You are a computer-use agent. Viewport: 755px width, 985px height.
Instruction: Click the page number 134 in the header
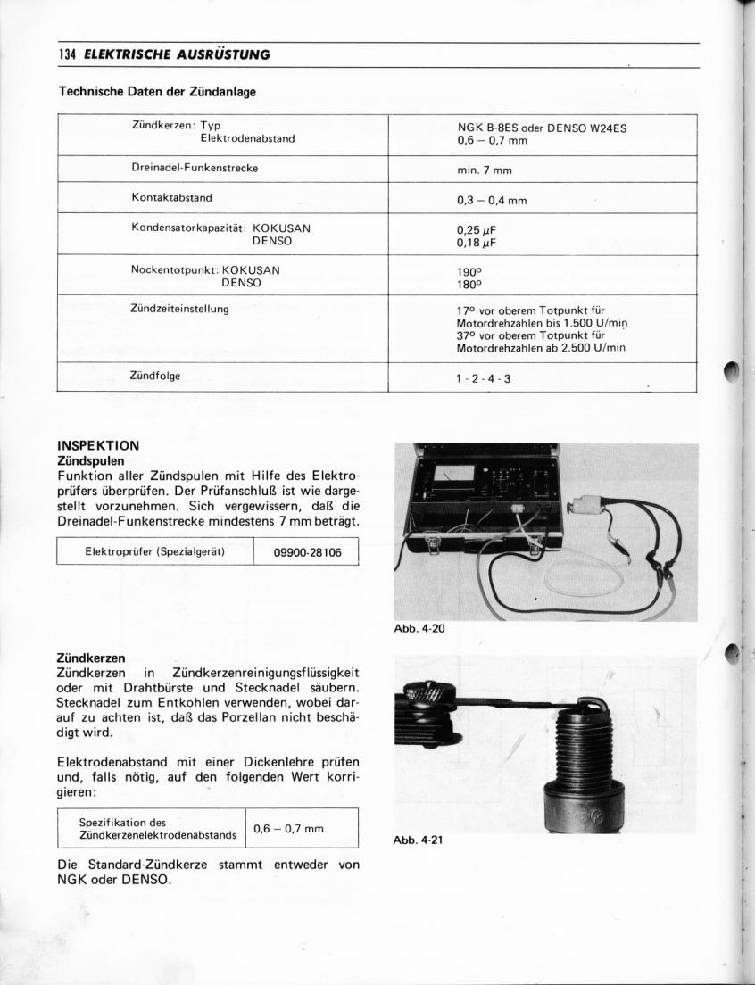coord(68,54)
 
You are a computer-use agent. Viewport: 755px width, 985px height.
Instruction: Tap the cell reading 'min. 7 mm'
coord(485,170)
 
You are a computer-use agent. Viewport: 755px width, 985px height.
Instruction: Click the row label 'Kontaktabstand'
coord(171,197)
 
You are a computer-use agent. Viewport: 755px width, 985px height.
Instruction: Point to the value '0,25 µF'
coord(476,229)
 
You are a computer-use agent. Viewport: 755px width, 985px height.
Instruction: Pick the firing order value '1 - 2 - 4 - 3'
coord(484,378)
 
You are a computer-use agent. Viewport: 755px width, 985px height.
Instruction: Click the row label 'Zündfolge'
coord(155,376)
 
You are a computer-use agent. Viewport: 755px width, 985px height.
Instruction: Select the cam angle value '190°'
coord(469,270)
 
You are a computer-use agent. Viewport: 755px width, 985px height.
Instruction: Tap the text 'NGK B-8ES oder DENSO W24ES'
coord(541,128)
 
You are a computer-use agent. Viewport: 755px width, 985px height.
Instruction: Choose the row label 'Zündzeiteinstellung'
coord(180,309)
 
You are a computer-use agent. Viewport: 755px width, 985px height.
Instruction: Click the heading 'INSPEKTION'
coord(98,444)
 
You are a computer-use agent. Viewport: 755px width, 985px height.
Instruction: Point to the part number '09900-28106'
coord(306,552)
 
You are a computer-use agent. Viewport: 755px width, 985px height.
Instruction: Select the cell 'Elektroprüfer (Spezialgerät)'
coord(154,551)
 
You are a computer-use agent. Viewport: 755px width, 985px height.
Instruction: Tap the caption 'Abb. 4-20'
coord(419,629)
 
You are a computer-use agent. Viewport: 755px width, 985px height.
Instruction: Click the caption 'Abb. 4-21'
coord(419,840)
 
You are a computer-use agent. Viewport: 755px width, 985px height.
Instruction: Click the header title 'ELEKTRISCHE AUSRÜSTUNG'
coord(177,55)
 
